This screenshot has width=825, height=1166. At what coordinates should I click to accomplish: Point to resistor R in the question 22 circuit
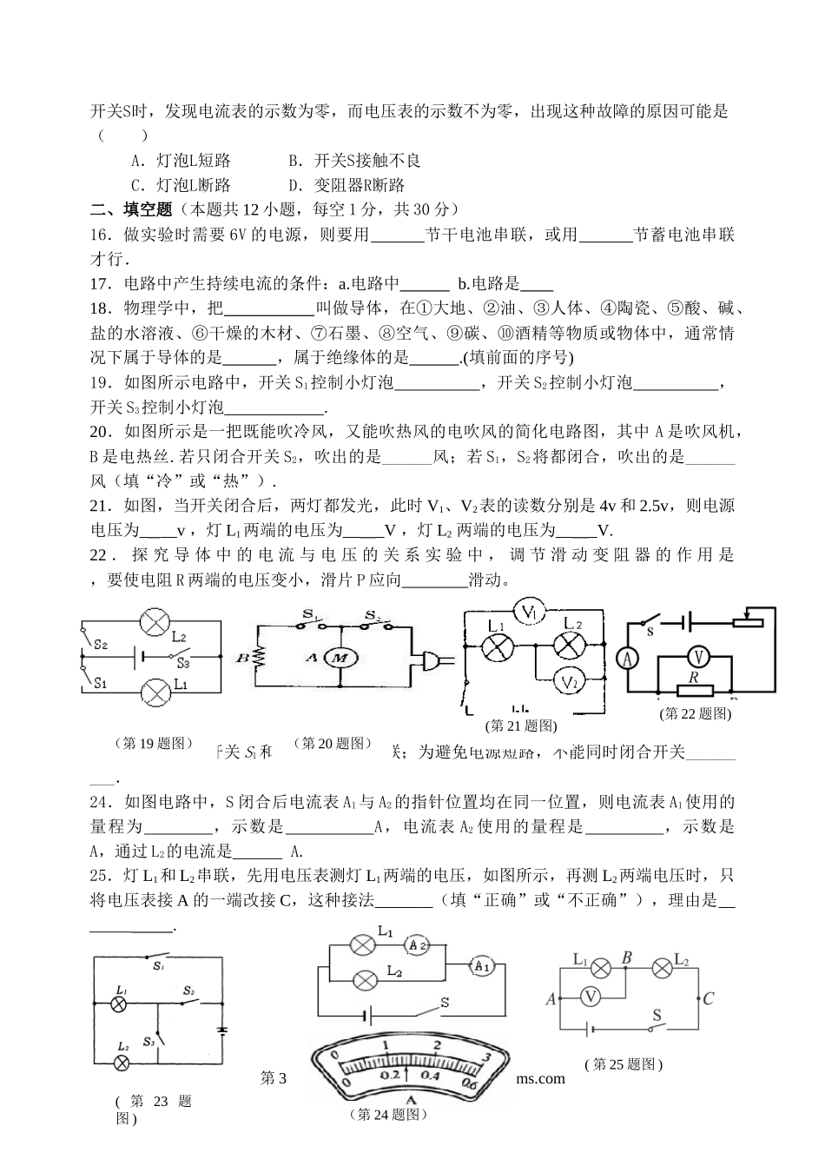tap(694, 691)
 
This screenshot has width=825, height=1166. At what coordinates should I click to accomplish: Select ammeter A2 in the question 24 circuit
tap(418, 944)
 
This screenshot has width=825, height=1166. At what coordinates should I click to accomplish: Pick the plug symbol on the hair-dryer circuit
tap(432, 659)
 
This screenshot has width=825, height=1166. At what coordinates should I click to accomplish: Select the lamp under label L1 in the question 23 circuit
tap(122, 1004)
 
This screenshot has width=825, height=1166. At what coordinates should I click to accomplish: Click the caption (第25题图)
tap(624, 1064)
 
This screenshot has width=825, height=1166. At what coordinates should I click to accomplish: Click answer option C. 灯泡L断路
tap(181, 185)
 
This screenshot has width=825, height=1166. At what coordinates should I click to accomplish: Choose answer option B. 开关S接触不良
tap(354, 161)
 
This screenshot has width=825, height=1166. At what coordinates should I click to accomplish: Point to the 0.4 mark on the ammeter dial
tap(431, 1075)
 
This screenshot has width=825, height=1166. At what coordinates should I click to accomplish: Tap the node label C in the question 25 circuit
tap(708, 998)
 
